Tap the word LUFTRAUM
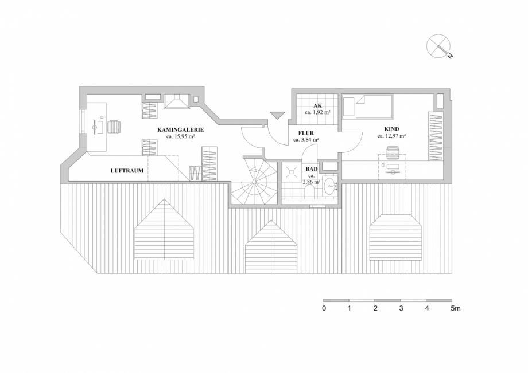[127, 171]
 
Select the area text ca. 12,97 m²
[391, 136]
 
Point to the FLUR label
[306, 132]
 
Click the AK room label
[317, 105]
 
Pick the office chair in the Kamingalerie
[114, 125]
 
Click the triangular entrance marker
[278, 115]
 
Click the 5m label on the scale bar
[455, 308]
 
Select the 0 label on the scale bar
[324, 308]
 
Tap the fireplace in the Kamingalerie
[176, 101]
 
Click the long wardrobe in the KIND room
[436, 136]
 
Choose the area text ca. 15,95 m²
[180, 137]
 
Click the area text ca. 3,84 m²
[306, 139]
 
